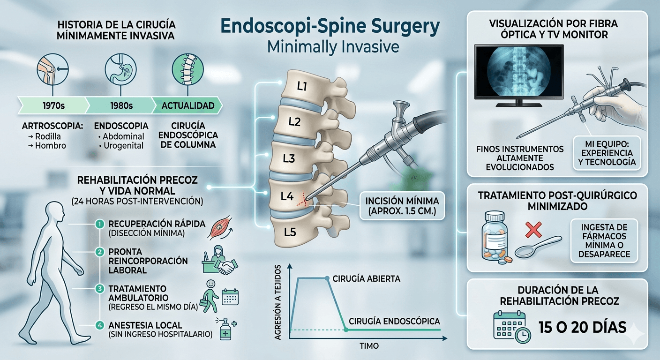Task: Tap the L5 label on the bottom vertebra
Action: [290, 231]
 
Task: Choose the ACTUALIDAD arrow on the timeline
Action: [187, 105]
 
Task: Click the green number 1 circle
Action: [99, 224]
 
